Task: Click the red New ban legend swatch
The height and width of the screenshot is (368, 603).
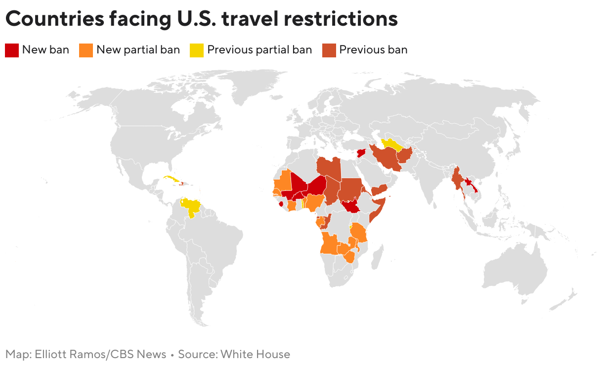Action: point(12,50)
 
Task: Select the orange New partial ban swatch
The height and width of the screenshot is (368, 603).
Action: point(86,50)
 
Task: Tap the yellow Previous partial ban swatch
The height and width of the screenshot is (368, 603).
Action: point(197,50)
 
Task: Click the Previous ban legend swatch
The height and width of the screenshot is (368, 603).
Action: point(329,50)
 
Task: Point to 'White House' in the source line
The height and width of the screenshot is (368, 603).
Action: point(255,354)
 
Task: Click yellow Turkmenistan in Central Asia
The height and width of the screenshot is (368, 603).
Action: point(390,144)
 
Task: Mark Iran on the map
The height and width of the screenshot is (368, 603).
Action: point(387,159)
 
